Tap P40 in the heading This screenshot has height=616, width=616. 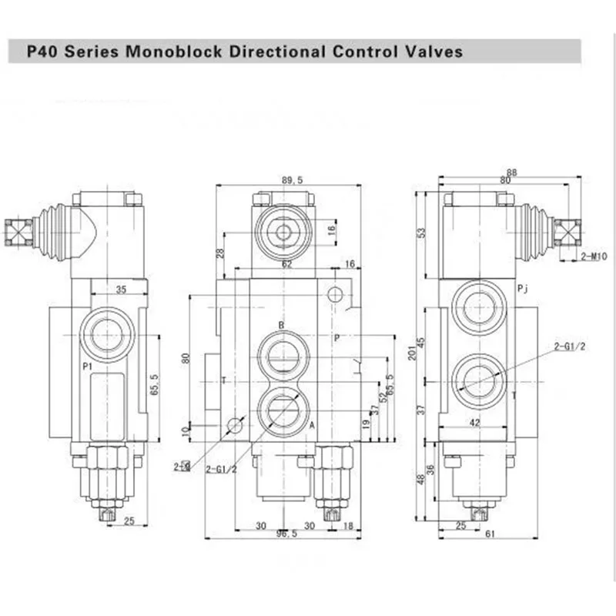42,52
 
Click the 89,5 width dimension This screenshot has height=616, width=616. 292,180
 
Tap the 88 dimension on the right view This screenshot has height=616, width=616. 511,172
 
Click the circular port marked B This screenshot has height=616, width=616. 284,356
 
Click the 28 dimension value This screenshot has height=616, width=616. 220,253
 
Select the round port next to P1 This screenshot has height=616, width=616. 107,334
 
